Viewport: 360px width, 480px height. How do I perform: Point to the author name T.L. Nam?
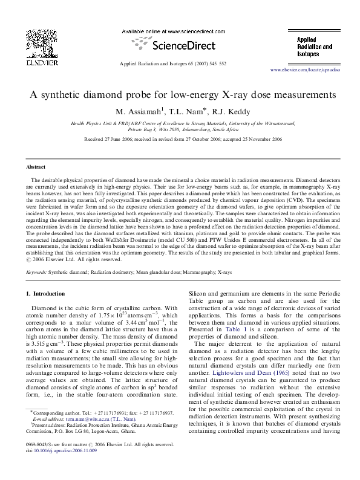click(x=175, y=111)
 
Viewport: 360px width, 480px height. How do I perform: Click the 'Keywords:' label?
click(x=36, y=273)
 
